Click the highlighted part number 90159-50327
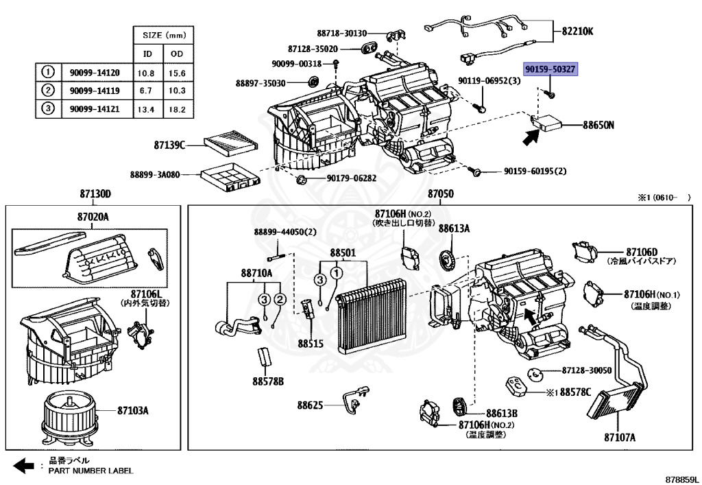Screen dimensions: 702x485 pyautogui.click(x=550, y=69)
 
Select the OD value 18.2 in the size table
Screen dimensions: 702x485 pyautogui.click(x=177, y=109)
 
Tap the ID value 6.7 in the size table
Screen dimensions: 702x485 pyautogui.click(x=146, y=91)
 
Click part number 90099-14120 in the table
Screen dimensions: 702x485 pyautogui.click(x=95, y=73)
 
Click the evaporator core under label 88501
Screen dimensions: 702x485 pyautogui.click(x=372, y=316)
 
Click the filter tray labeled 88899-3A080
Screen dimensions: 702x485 pyautogui.click(x=230, y=177)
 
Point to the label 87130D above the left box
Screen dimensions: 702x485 pyautogui.click(x=95, y=194)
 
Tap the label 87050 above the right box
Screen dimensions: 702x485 pyautogui.click(x=440, y=194)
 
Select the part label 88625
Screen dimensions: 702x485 pyautogui.click(x=310, y=405)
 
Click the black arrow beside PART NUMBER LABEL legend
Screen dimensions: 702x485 pyautogui.click(x=23, y=466)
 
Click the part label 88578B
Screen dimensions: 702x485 pyautogui.click(x=268, y=381)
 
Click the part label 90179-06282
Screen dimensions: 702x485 pyautogui.click(x=351, y=178)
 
